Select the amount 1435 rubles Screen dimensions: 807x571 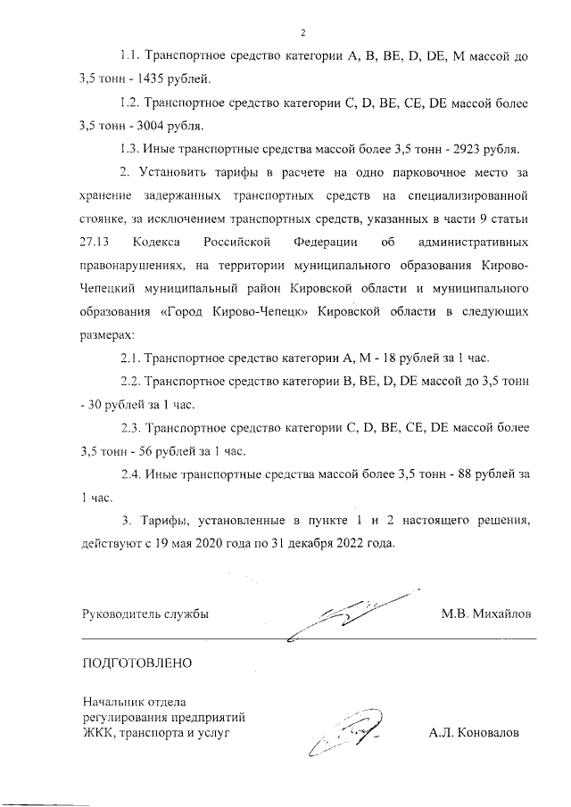pos(155,78)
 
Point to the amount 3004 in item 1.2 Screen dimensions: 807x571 pos(156,124)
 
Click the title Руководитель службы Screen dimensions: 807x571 pos(145,615)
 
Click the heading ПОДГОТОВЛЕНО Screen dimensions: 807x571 pos(137,663)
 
